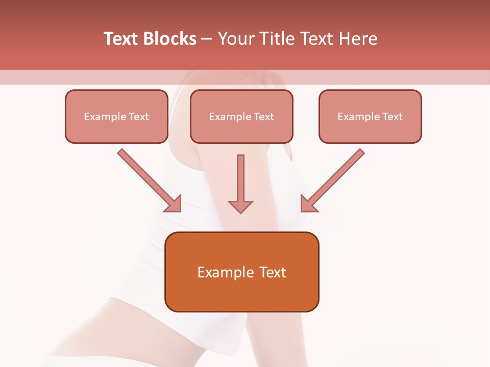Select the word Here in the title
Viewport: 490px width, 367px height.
click(358, 39)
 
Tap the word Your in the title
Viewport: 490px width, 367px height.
click(235, 39)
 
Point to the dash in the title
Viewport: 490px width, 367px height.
click(207, 39)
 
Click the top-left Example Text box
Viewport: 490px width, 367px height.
click(116, 116)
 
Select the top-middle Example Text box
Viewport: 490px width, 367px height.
click(241, 116)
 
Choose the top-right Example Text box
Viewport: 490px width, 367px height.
click(370, 116)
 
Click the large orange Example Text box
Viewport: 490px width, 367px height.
click(241, 272)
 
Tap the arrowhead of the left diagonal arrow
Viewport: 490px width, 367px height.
click(174, 204)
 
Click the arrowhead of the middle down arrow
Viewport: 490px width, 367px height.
click(240, 206)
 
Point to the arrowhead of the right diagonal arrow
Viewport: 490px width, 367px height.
click(308, 204)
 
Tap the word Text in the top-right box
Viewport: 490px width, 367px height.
click(393, 117)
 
